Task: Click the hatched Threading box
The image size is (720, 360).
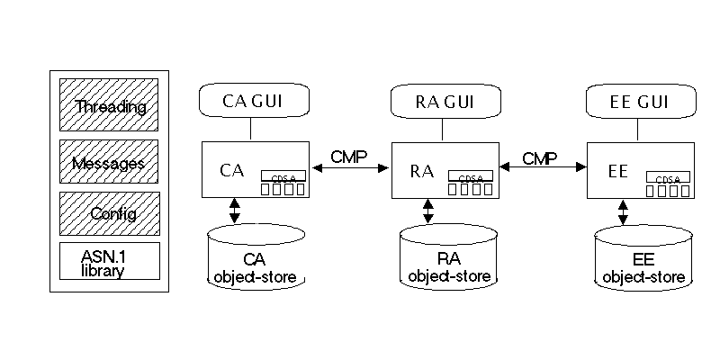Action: [109, 105]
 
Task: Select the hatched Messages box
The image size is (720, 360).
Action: [109, 162]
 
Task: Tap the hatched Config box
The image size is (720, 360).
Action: [109, 213]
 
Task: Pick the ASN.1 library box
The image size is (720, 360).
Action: [109, 261]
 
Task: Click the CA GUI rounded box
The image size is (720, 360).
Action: [253, 101]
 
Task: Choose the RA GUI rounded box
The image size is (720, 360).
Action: [446, 101]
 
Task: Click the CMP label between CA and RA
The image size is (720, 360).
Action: [348, 157]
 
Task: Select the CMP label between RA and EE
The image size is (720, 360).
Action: [540, 159]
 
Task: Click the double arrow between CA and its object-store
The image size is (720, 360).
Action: [235, 211]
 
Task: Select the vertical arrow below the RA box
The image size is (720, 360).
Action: [428, 211]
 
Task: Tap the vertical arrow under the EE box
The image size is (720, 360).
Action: [623, 211]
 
